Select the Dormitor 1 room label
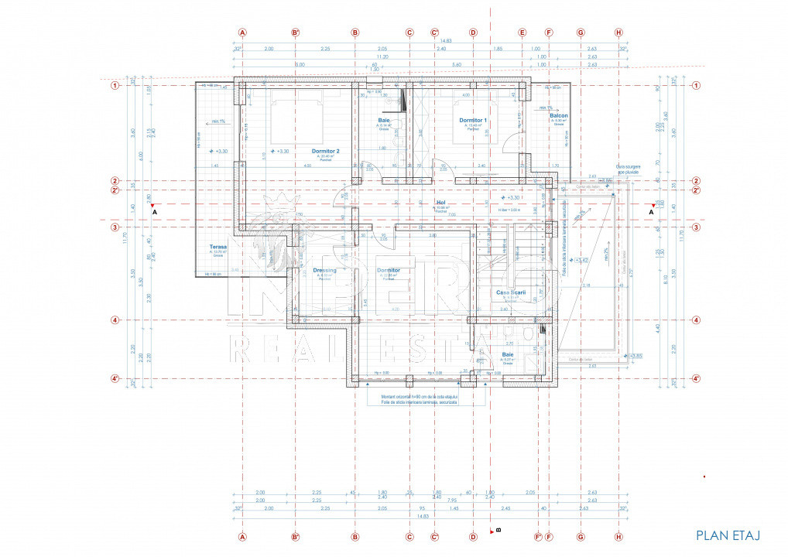click(x=472, y=121)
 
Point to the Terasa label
click(x=217, y=248)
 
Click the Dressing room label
click(x=324, y=271)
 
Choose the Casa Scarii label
click(x=511, y=292)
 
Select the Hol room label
click(x=441, y=203)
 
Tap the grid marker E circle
click(x=522, y=32)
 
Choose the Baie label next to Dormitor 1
click(x=383, y=121)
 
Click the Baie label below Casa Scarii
click(x=508, y=355)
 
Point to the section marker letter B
click(x=498, y=531)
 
